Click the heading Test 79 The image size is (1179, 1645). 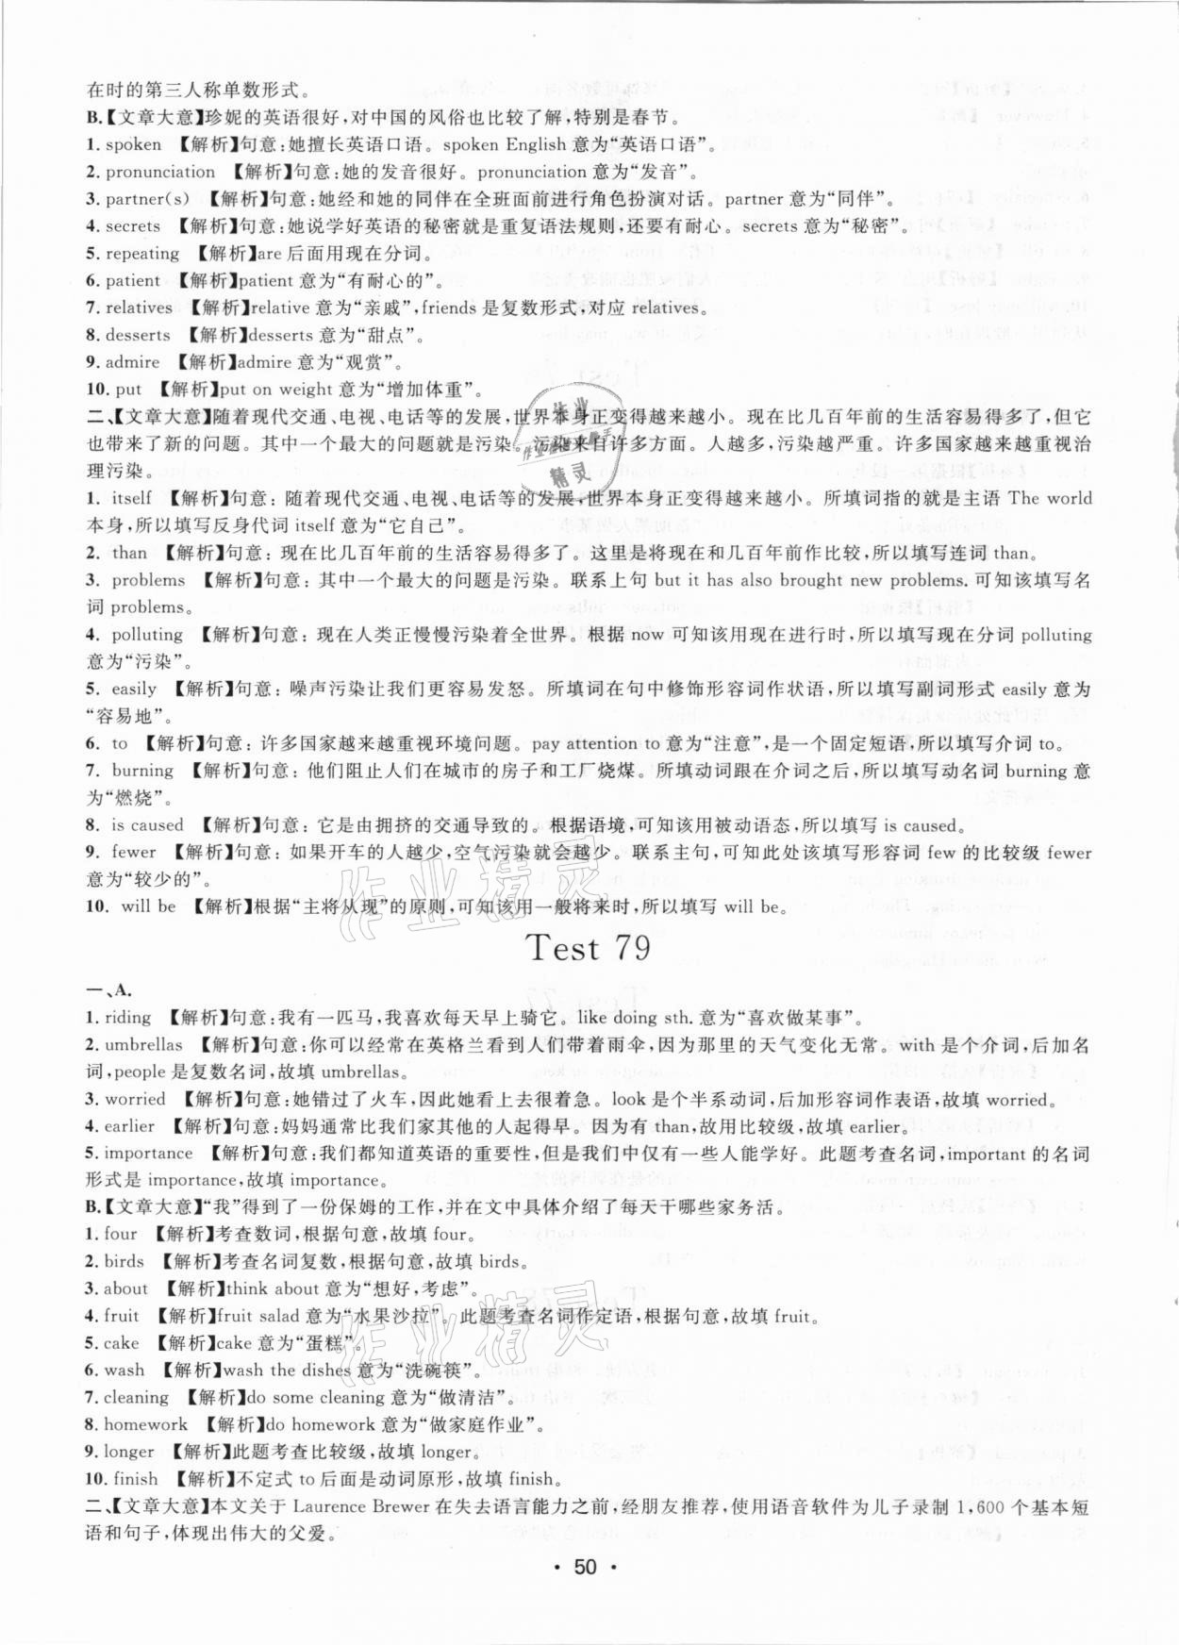point(589,948)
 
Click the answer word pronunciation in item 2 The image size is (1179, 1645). point(159,172)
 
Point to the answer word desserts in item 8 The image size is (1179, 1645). point(138,335)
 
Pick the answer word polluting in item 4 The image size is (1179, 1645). point(146,634)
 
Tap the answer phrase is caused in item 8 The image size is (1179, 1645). point(147,824)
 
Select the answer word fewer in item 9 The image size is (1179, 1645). point(133,852)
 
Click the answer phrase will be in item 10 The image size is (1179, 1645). point(148,906)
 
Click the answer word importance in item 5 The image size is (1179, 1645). point(148,1153)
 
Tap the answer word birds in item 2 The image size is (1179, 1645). point(125,1261)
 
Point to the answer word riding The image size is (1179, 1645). point(128,1017)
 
